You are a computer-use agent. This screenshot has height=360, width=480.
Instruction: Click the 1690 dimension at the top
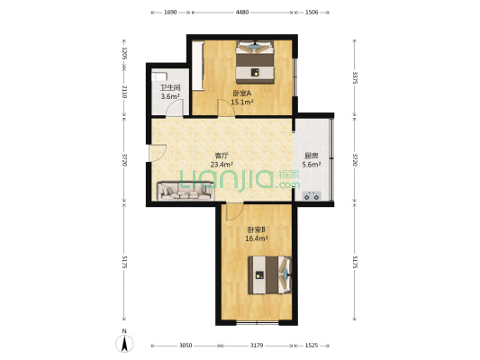[170, 13]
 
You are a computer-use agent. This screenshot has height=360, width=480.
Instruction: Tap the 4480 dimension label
[242, 13]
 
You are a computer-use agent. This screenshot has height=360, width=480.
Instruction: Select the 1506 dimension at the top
[312, 13]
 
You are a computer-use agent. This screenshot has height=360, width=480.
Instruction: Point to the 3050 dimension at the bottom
[186, 346]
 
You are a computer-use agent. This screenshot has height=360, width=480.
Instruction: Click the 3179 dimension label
[257, 346]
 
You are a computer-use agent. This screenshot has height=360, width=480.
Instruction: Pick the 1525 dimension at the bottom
[312, 346]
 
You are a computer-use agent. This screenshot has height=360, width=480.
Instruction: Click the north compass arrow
[124, 344]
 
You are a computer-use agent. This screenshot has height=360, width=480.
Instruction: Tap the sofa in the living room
[186, 191]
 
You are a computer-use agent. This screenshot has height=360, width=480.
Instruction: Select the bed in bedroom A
[255, 62]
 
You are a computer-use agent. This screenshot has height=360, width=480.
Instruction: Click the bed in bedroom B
[269, 275]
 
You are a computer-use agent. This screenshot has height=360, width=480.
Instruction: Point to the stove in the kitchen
[312, 196]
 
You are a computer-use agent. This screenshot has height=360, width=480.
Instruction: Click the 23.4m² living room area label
[222, 165]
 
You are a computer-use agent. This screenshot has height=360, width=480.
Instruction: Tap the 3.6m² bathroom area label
[170, 96]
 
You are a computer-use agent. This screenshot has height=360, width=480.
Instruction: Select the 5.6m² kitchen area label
[312, 165]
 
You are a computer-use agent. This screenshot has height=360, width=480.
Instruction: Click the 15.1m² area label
[242, 103]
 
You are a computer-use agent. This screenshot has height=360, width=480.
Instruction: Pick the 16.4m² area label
[257, 238]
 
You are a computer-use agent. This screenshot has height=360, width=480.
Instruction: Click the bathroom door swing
[175, 108]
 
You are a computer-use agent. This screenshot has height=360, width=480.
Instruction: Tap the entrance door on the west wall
[158, 152]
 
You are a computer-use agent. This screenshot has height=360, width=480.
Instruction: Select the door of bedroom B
[234, 211]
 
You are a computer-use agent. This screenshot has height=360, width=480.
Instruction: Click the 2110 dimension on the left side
[124, 92]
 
